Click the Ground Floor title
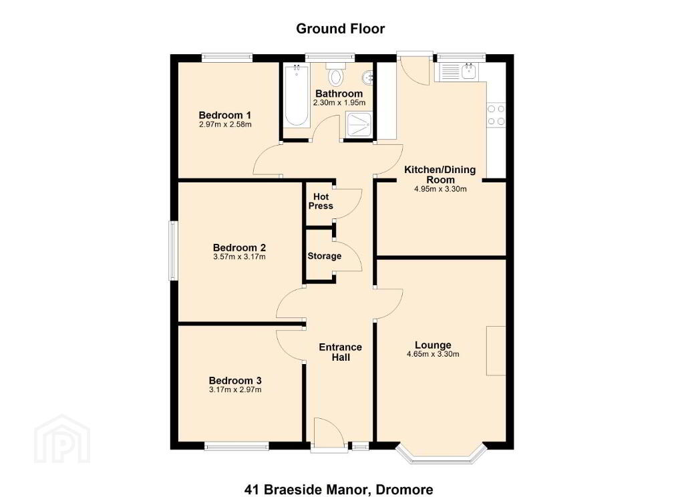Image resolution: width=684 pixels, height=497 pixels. click(340, 29)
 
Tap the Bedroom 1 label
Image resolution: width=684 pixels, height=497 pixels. click(224, 115)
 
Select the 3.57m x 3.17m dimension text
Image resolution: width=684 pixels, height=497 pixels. click(240, 257)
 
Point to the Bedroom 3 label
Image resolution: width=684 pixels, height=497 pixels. click(235, 381)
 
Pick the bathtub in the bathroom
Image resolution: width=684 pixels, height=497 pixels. click(297, 96)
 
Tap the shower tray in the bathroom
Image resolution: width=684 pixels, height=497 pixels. click(359, 125)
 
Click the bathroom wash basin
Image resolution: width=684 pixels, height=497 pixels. click(367, 77)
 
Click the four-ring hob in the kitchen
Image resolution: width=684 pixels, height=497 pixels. click(496, 115)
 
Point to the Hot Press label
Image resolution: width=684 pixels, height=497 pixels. click(321, 201)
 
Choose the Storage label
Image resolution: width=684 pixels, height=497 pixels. click(324, 256)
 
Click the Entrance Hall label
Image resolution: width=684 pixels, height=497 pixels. click(340, 352)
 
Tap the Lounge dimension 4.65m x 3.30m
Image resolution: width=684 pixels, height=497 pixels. click(433, 354)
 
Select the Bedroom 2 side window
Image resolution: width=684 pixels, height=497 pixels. click(173, 251)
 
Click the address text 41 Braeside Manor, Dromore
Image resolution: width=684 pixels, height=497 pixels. click(339, 489)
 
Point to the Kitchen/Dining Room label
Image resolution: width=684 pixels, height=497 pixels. click(440, 174)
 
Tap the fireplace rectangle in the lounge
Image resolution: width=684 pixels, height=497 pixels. click(496, 351)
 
